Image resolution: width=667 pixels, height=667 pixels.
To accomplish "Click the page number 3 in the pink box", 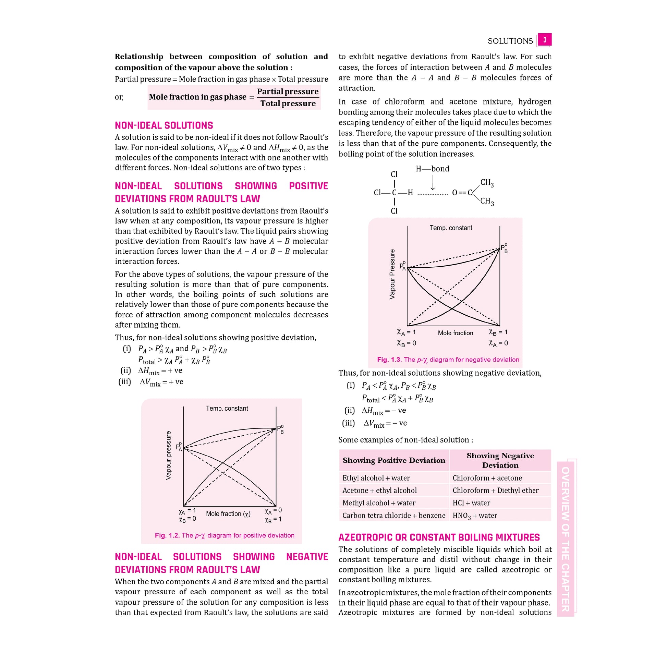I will point(544,40).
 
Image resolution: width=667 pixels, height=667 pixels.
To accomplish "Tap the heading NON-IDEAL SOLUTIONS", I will point(163,125).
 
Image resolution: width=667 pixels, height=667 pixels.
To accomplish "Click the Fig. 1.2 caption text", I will point(225,535).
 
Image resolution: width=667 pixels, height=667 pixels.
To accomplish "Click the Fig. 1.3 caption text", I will point(448,360).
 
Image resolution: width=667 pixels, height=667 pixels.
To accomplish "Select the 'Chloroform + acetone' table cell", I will point(487,478).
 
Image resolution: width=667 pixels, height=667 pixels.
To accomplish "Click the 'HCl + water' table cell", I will point(471,503).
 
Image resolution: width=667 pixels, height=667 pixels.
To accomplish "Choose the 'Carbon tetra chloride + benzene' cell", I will point(393,516).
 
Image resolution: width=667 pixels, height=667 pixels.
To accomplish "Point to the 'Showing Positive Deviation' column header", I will point(393,460).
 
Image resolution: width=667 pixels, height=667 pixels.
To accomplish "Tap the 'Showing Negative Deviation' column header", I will point(500,460).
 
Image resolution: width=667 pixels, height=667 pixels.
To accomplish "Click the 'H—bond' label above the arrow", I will point(432,169).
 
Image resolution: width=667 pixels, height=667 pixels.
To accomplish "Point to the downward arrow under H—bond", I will point(433,183).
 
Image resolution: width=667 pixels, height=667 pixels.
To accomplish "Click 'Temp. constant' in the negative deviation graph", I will point(450,228).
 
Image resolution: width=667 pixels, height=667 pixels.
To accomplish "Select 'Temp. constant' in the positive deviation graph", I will point(227,409).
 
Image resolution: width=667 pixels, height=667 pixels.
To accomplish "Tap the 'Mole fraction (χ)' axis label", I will point(228,514).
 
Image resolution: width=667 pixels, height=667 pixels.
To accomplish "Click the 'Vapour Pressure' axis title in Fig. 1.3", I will point(392,274).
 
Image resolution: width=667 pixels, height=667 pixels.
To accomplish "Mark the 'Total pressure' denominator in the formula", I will point(288,103).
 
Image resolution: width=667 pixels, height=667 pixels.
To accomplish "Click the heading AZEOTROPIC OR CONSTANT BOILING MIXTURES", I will point(439,537).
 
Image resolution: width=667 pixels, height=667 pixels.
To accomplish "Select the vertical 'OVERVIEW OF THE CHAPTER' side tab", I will point(565,539).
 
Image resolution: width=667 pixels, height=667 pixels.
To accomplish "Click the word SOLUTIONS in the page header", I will point(510,41).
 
